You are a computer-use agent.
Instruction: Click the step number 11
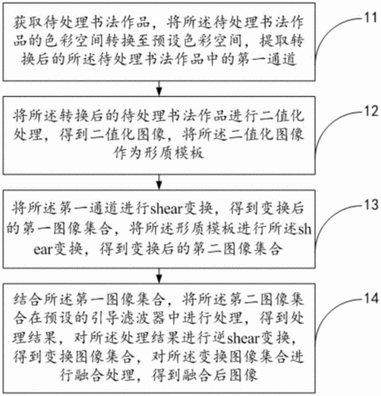[370, 18]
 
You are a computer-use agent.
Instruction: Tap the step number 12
[370, 112]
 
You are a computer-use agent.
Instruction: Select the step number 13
[370, 205]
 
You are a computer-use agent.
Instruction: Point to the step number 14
[370, 298]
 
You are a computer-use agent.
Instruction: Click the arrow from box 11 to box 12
[159, 88]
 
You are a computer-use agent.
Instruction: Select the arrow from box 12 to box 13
[159, 182]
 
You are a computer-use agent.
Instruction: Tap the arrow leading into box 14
[159, 275]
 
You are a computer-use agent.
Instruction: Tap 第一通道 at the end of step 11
[267, 60]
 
